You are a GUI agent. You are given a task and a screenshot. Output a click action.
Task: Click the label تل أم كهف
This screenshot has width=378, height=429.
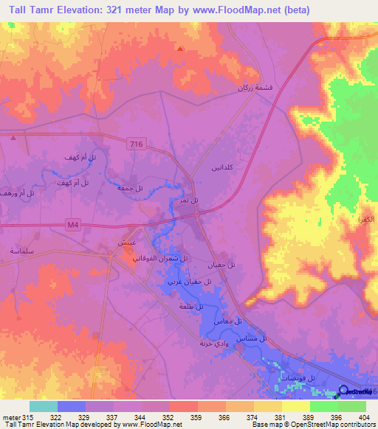click(75, 158)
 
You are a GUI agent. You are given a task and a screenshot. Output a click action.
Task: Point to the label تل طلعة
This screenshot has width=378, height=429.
click(190, 306)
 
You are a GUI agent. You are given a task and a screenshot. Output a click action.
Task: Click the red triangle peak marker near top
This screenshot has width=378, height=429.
click(179, 49)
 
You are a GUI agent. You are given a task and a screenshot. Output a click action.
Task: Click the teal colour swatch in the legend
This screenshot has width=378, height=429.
click(44, 406)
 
